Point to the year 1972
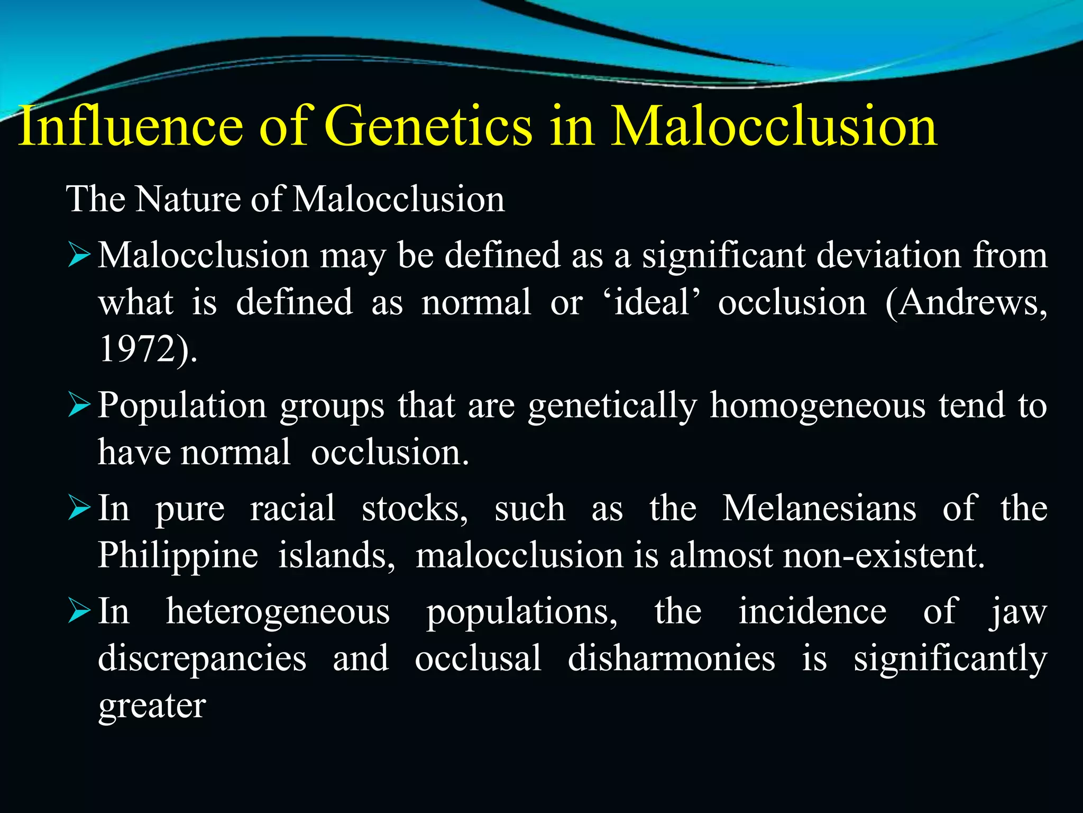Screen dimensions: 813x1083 pyautogui.click(x=138, y=349)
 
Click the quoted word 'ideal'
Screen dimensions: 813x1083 pyautogui.click(x=651, y=303)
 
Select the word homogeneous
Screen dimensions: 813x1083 pyautogui.click(x=818, y=406)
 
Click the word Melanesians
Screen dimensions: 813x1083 pyautogui.click(x=819, y=509)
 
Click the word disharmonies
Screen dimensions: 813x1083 pyautogui.click(x=672, y=659)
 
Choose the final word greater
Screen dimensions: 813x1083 pyautogui.click(x=152, y=707)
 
